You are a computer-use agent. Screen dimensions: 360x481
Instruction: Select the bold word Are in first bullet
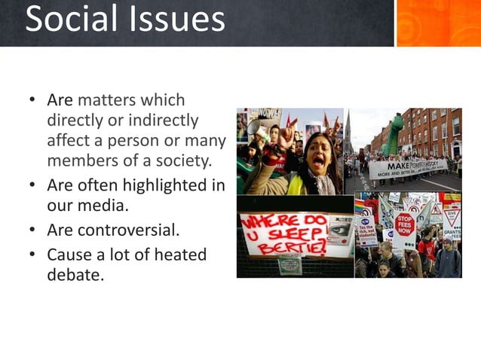click(60, 100)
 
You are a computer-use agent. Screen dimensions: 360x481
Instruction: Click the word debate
click(75, 275)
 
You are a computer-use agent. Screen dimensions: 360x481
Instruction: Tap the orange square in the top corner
click(437, 23)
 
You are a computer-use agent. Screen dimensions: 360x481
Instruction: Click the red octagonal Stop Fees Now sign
click(405, 222)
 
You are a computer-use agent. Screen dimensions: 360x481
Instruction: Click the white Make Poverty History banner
click(407, 169)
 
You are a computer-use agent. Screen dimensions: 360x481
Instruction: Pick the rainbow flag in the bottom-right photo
click(363, 206)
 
